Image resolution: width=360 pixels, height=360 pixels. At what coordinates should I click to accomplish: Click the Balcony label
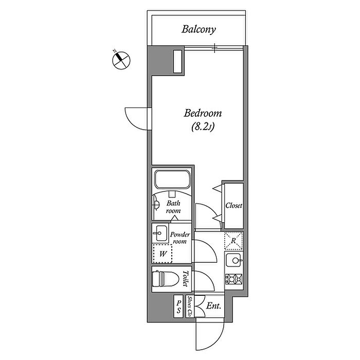199,30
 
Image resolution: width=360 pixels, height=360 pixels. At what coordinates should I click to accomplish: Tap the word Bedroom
203,113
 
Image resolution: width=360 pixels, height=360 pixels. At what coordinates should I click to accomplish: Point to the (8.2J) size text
203,127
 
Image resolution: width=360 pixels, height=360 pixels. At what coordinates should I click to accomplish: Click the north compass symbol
121,60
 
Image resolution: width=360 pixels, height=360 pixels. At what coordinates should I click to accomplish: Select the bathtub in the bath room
172,179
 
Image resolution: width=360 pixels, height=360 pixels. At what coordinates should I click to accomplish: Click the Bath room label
173,207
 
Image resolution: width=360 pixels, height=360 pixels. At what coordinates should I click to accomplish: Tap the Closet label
233,205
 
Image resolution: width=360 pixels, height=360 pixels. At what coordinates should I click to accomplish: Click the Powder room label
180,238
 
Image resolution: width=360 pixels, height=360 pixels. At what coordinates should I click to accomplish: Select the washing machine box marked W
163,254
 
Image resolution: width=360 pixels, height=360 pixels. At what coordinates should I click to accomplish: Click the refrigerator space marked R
233,241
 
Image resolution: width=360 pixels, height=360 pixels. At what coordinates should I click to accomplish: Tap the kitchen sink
234,260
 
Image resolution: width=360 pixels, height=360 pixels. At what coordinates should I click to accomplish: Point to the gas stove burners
234,279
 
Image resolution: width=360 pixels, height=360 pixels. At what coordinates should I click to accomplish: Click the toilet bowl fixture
165,279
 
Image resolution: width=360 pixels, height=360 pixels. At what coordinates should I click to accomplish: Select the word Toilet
186,279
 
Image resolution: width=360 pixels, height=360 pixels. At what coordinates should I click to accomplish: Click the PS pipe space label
178,307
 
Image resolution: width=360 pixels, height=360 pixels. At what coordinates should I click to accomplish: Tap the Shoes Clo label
190,307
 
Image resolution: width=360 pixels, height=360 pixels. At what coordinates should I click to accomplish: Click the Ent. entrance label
213,306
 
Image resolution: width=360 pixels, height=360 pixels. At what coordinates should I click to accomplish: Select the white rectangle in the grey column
177,62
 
